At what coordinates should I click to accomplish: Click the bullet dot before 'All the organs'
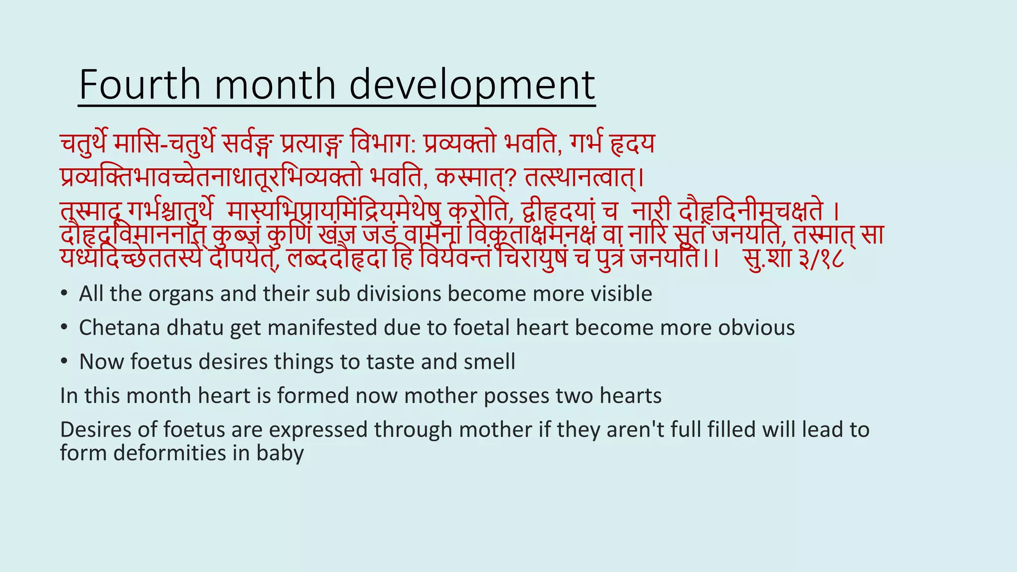tap(64, 294)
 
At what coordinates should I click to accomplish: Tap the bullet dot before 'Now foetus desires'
tap(64, 362)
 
